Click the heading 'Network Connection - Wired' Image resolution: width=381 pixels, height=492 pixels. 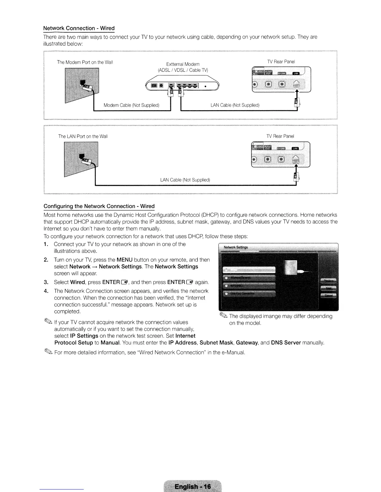79,28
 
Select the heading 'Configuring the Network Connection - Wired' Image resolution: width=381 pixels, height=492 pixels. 99,206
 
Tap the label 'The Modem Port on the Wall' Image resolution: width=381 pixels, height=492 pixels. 85,62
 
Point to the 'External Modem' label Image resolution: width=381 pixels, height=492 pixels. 183,64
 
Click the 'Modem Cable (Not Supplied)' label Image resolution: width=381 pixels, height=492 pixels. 131,105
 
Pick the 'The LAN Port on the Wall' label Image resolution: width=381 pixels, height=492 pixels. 83,136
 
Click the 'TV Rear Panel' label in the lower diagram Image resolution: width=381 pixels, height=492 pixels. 280,136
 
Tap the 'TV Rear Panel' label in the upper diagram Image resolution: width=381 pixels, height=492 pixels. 281,62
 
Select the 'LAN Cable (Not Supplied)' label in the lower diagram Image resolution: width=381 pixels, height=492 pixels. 185,180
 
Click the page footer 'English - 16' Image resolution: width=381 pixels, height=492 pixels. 193,486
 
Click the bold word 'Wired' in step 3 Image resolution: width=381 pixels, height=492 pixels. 78,282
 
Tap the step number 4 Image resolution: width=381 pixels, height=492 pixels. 46,291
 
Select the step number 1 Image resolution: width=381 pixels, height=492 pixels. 46,244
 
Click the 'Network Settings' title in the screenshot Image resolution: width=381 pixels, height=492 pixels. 236,247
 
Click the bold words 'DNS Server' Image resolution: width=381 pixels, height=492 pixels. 286,343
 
